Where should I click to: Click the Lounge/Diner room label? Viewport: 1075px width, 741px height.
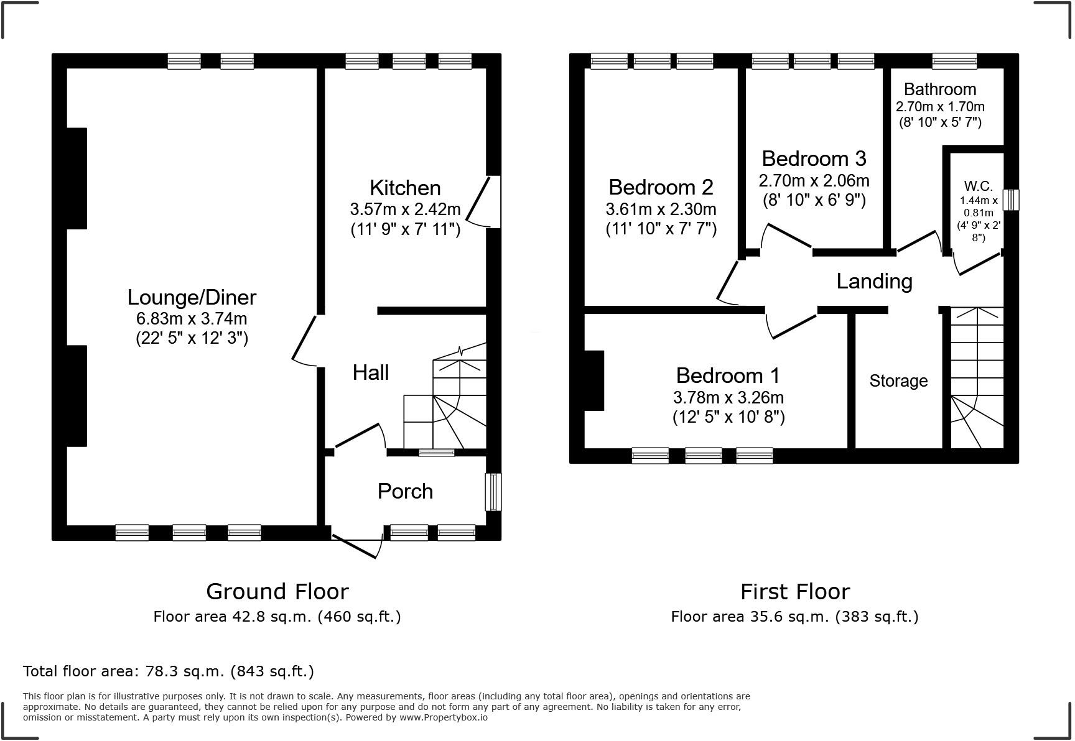pyautogui.click(x=192, y=297)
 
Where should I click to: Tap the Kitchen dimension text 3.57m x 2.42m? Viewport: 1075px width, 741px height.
pyautogui.click(x=405, y=209)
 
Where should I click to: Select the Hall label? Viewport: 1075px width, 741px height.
pyautogui.click(x=371, y=372)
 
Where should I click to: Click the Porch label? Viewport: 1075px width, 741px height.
pyautogui.click(x=405, y=491)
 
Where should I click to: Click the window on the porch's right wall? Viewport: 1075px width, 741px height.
pyautogui.click(x=493, y=492)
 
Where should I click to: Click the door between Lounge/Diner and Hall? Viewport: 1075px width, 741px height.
pyautogui.click(x=305, y=339)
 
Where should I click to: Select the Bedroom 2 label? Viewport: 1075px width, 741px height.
pyautogui.click(x=661, y=186)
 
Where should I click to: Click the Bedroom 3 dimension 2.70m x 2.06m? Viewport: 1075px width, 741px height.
pyautogui.click(x=814, y=181)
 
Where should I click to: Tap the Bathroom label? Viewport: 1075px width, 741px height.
pyautogui.click(x=940, y=89)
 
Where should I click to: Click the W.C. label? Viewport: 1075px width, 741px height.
pyautogui.click(x=979, y=186)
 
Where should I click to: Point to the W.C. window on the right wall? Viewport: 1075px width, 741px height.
pyautogui.click(x=1012, y=200)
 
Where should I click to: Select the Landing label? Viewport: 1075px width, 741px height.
pyautogui.click(x=874, y=281)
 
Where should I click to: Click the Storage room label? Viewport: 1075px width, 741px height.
pyautogui.click(x=898, y=380)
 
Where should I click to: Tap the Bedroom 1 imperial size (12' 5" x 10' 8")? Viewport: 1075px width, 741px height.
pyautogui.click(x=728, y=417)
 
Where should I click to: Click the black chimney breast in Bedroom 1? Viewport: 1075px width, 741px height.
pyautogui.click(x=594, y=380)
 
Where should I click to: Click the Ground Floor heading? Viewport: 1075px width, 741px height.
pyautogui.click(x=277, y=591)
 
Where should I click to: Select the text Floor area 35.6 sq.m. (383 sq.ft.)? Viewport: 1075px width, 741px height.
pyautogui.click(x=794, y=617)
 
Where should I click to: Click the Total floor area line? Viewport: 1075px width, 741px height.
pyautogui.click(x=168, y=671)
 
